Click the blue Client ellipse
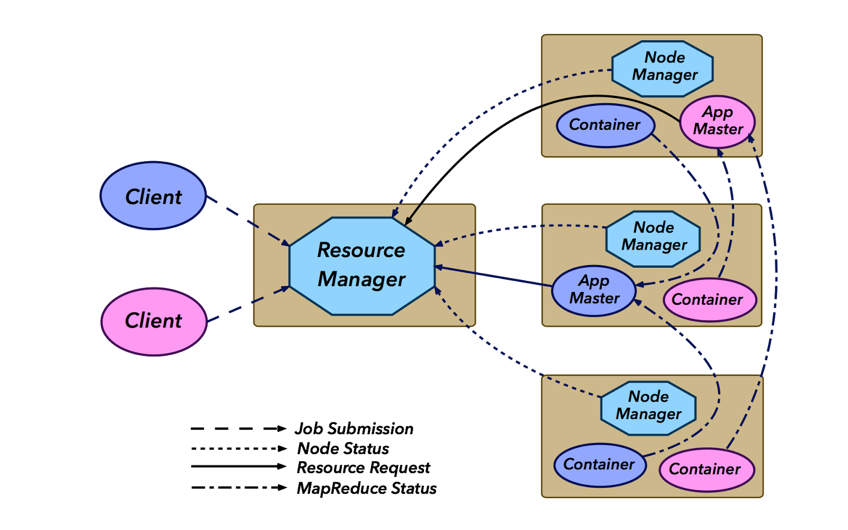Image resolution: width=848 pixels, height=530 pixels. coord(153,196)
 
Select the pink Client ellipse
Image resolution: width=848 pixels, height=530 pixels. coord(154,321)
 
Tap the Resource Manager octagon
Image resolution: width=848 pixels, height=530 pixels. coord(362,266)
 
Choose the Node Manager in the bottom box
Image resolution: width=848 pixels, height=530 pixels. coord(648,408)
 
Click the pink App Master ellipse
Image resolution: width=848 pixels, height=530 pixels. coord(717,121)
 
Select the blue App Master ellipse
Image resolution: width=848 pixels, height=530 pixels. coord(594,290)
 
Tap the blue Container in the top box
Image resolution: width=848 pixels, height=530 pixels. coord(605,126)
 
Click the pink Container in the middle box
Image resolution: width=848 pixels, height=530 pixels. coord(709,299)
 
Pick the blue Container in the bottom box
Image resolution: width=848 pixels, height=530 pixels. coord(600,465)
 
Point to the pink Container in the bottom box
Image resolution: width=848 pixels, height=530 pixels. coord(706,469)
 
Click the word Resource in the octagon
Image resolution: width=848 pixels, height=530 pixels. coord(361,250)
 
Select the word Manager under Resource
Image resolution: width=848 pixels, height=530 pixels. coord(361,279)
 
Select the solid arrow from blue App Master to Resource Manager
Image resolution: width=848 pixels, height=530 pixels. coord(493,276)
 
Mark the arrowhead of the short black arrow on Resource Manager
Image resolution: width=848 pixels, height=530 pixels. coord(407,223)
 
